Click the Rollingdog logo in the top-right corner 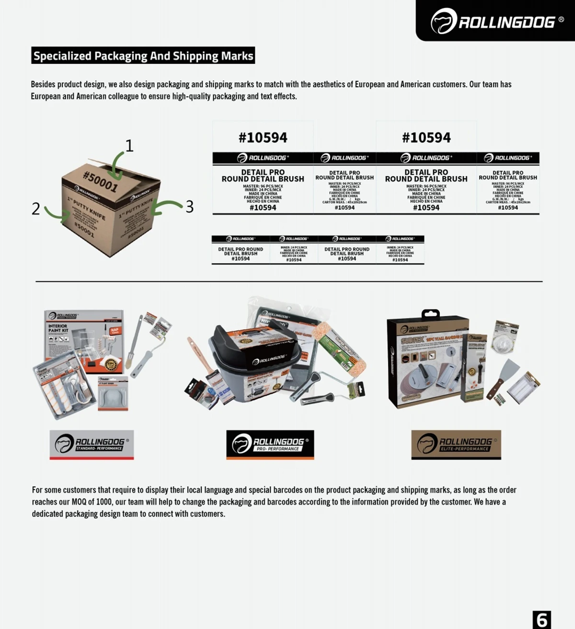tap(497, 22)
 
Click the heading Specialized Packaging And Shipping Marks tap(143, 56)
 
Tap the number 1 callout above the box tap(129, 145)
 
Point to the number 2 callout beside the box tap(35, 209)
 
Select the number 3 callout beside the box tap(190, 206)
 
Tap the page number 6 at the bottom tap(541, 619)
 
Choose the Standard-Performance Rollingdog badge tap(92, 445)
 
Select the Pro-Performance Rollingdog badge tap(270, 445)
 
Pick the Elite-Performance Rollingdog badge tap(456, 445)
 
